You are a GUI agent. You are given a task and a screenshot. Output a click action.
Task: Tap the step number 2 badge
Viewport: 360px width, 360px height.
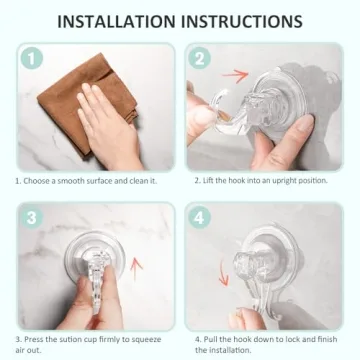pos(200,60)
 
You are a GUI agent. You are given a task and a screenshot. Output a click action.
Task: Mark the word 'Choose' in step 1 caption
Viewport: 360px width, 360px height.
pos(36,182)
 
